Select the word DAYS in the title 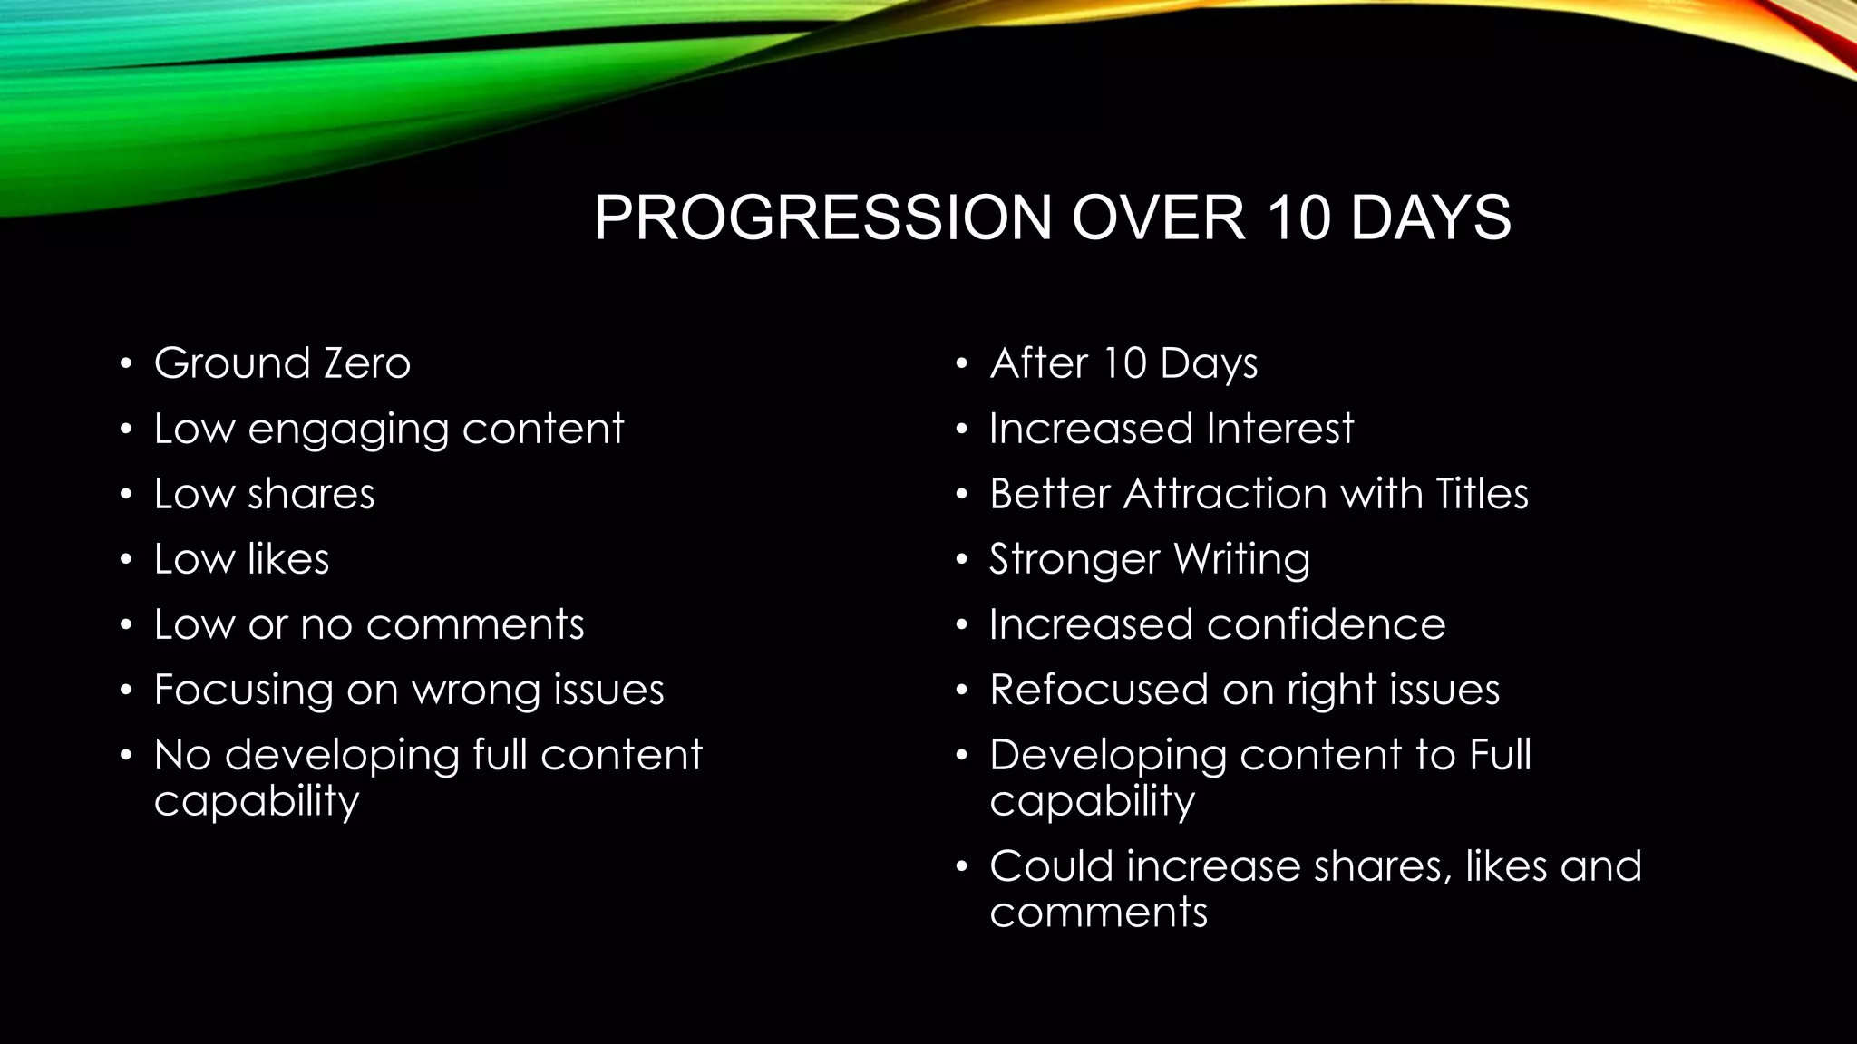click(x=1430, y=218)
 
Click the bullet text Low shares click(x=264, y=494)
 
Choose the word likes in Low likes click(x=287, y=559)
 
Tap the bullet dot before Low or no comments click(x=126, y=626)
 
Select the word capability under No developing click(x=257, y=801)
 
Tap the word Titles click(x=1482, y=494)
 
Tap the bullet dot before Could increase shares click(x=962, y=868)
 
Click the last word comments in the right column click(x=1098, y=912)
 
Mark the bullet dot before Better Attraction click(x=962, y=496)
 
